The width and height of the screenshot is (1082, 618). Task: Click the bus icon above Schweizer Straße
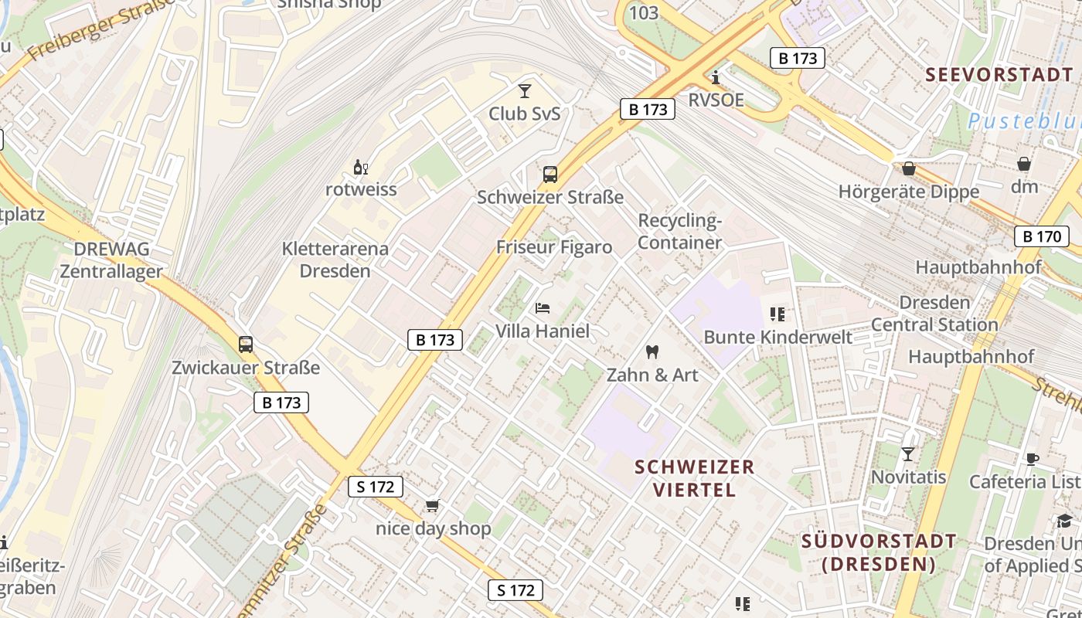pos(550,175)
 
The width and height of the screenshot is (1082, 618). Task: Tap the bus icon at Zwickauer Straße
pos(246,345)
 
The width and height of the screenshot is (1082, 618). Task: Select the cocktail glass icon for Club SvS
pos(525,91)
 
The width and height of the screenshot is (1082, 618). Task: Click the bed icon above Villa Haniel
pos(543,308)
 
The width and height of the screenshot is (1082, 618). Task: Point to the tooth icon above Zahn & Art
pos(652,351)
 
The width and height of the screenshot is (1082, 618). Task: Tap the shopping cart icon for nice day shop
pos(432,506)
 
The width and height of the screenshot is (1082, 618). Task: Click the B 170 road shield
pos(1041,236)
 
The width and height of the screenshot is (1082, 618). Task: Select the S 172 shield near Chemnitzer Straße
pos(376,487)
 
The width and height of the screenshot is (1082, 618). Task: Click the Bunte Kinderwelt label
pos(777,337)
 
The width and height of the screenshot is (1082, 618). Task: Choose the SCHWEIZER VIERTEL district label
pos(694,478)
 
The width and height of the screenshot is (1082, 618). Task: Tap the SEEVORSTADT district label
pos(999,75)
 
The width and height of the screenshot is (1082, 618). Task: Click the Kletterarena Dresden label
pos(335,260)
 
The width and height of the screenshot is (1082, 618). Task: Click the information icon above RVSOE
pos(716,77)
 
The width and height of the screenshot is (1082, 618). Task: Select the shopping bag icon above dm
pos(1024,164)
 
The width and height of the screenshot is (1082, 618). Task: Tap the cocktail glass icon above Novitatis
pos(908,453)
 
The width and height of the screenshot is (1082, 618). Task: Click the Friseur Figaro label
pos(554,247)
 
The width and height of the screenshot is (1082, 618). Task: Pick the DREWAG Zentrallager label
pos(111,260)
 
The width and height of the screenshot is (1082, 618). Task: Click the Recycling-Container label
pos(679,232)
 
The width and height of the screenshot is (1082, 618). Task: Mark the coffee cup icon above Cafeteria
pos(1033,458)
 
